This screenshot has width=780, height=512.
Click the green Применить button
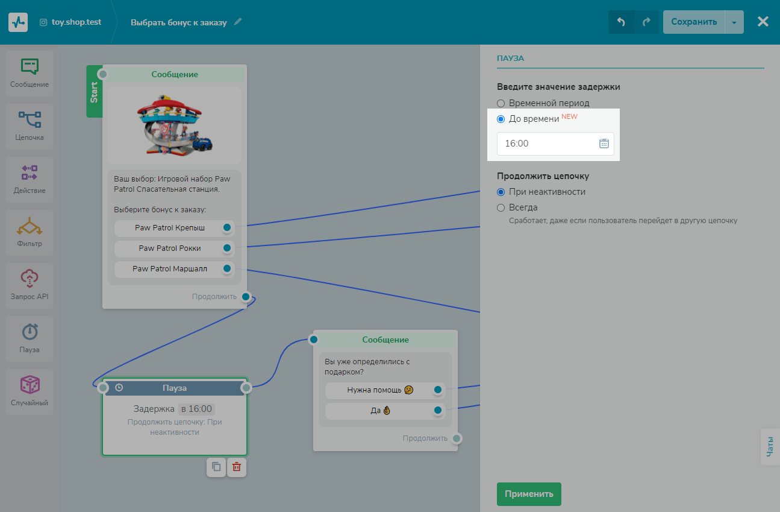[529, 493]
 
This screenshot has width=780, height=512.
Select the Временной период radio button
[501, 103]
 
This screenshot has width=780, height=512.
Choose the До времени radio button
[501, 119]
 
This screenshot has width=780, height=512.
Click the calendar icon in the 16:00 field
[604, 144]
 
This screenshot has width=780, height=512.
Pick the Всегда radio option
[501, 207]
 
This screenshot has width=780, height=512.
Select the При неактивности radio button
[501, 192]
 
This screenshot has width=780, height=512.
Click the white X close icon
[763, 22]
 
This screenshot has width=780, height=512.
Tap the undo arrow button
[621, 22]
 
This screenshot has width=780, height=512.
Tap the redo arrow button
[646, 22]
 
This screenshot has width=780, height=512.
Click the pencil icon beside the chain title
[237, 22]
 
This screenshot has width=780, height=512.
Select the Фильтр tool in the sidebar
[30, 232]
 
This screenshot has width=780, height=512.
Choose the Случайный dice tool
[30, 391]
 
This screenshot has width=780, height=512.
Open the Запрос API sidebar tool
[30, 285]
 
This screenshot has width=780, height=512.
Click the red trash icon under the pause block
[237, 467]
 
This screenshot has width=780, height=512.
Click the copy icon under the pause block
[216, 467]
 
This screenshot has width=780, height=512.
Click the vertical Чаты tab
[770, 446]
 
